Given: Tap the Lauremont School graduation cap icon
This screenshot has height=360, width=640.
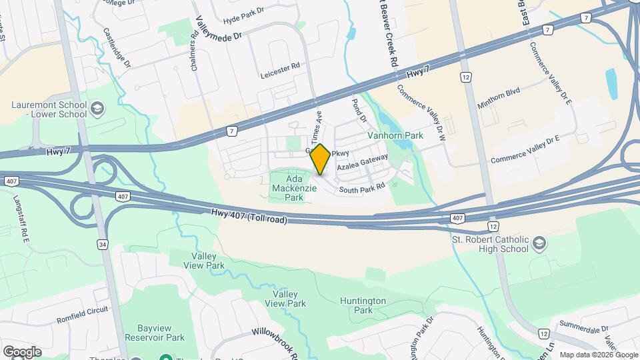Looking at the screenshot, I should tap(97, 108).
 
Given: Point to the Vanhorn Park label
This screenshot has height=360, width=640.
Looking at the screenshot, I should tap(395, 135).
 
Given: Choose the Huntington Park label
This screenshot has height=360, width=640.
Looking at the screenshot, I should tap(363, 305).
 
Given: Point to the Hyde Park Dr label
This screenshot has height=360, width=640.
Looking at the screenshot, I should tap(245, 21).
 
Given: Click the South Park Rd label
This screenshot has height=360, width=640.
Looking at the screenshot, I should tap(362, 190).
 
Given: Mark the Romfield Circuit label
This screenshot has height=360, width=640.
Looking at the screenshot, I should tap(82, 311).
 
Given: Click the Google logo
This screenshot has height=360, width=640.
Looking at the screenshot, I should tap(21, 351).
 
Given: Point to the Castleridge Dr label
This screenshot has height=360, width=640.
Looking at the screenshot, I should tap(117, 47).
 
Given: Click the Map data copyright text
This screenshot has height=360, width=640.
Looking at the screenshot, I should tap(597, 355).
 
